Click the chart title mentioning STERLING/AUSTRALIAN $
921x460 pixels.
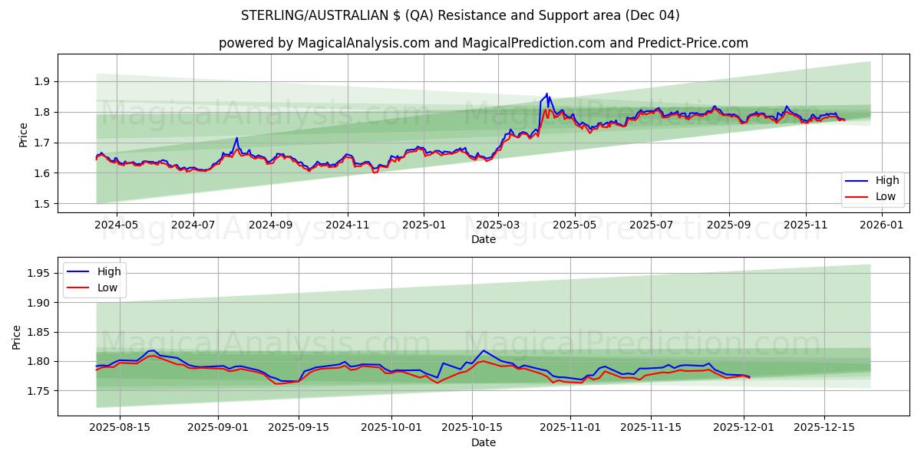point(460,15)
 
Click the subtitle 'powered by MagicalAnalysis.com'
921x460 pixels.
point(483,43)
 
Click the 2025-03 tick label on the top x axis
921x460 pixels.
point(498,225)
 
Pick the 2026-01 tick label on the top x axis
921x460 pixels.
point(881,225)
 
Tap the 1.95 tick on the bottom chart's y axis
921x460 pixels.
point(38,273)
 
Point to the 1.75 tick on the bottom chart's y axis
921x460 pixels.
point(38,391)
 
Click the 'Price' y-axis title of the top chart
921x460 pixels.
point(24,135)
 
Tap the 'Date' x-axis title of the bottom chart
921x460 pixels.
point(484,442)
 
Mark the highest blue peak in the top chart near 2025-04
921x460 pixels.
point(546,94)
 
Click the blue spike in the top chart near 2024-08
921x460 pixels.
point(236,138)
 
